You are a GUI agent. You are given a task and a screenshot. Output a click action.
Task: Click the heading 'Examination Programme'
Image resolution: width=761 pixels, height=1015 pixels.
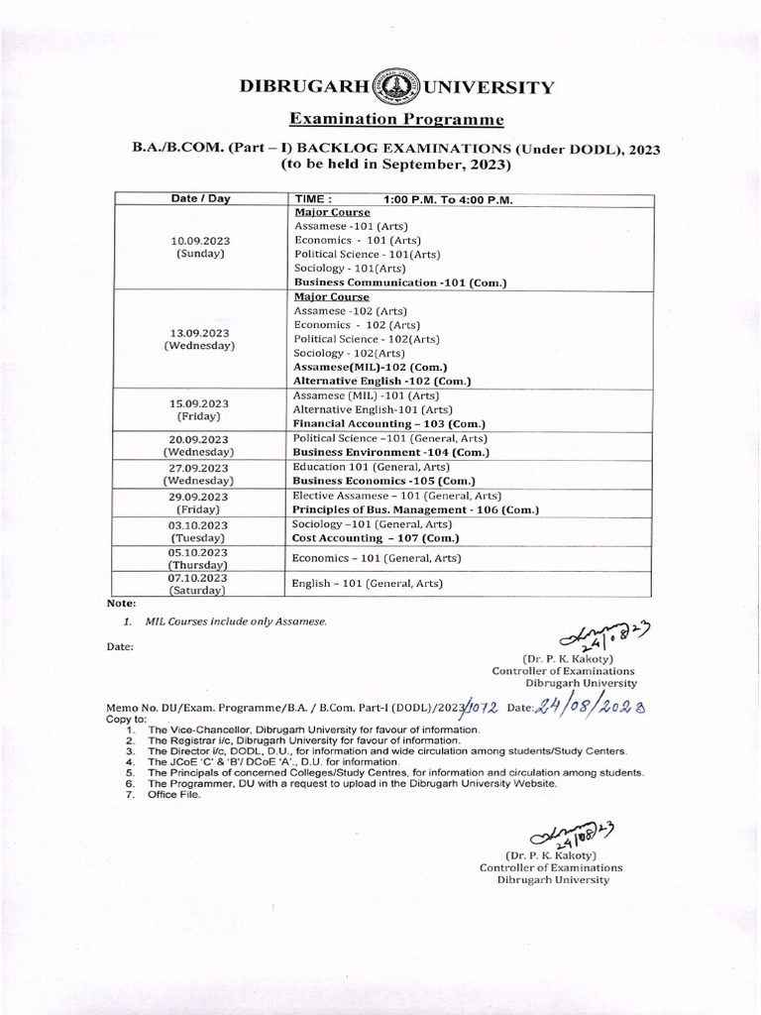pos(396,120)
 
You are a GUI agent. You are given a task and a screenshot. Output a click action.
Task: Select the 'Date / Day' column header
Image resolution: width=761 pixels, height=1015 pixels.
pos(199,198)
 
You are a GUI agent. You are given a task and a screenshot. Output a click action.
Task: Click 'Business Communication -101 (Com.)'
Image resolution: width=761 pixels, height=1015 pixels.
pos(400,282)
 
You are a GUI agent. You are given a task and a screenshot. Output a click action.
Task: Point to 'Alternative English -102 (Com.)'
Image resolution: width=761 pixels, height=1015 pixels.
pos(381,381)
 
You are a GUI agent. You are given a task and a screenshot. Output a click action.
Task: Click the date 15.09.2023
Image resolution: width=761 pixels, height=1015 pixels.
pos(199,404)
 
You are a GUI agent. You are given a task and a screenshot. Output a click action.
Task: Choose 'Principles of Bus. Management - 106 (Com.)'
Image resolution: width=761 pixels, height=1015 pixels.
pos(415,509)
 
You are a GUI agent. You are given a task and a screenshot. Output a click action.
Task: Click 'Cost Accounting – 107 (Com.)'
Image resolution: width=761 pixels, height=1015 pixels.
pos(375,537)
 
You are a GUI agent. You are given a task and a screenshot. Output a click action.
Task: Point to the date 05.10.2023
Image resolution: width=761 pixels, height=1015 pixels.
pos(199,552)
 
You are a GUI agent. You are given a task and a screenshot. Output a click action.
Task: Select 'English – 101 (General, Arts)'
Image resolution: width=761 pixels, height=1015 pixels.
pos(368,584)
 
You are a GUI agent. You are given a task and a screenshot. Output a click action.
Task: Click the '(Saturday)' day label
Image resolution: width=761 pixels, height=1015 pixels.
pos(199,590)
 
